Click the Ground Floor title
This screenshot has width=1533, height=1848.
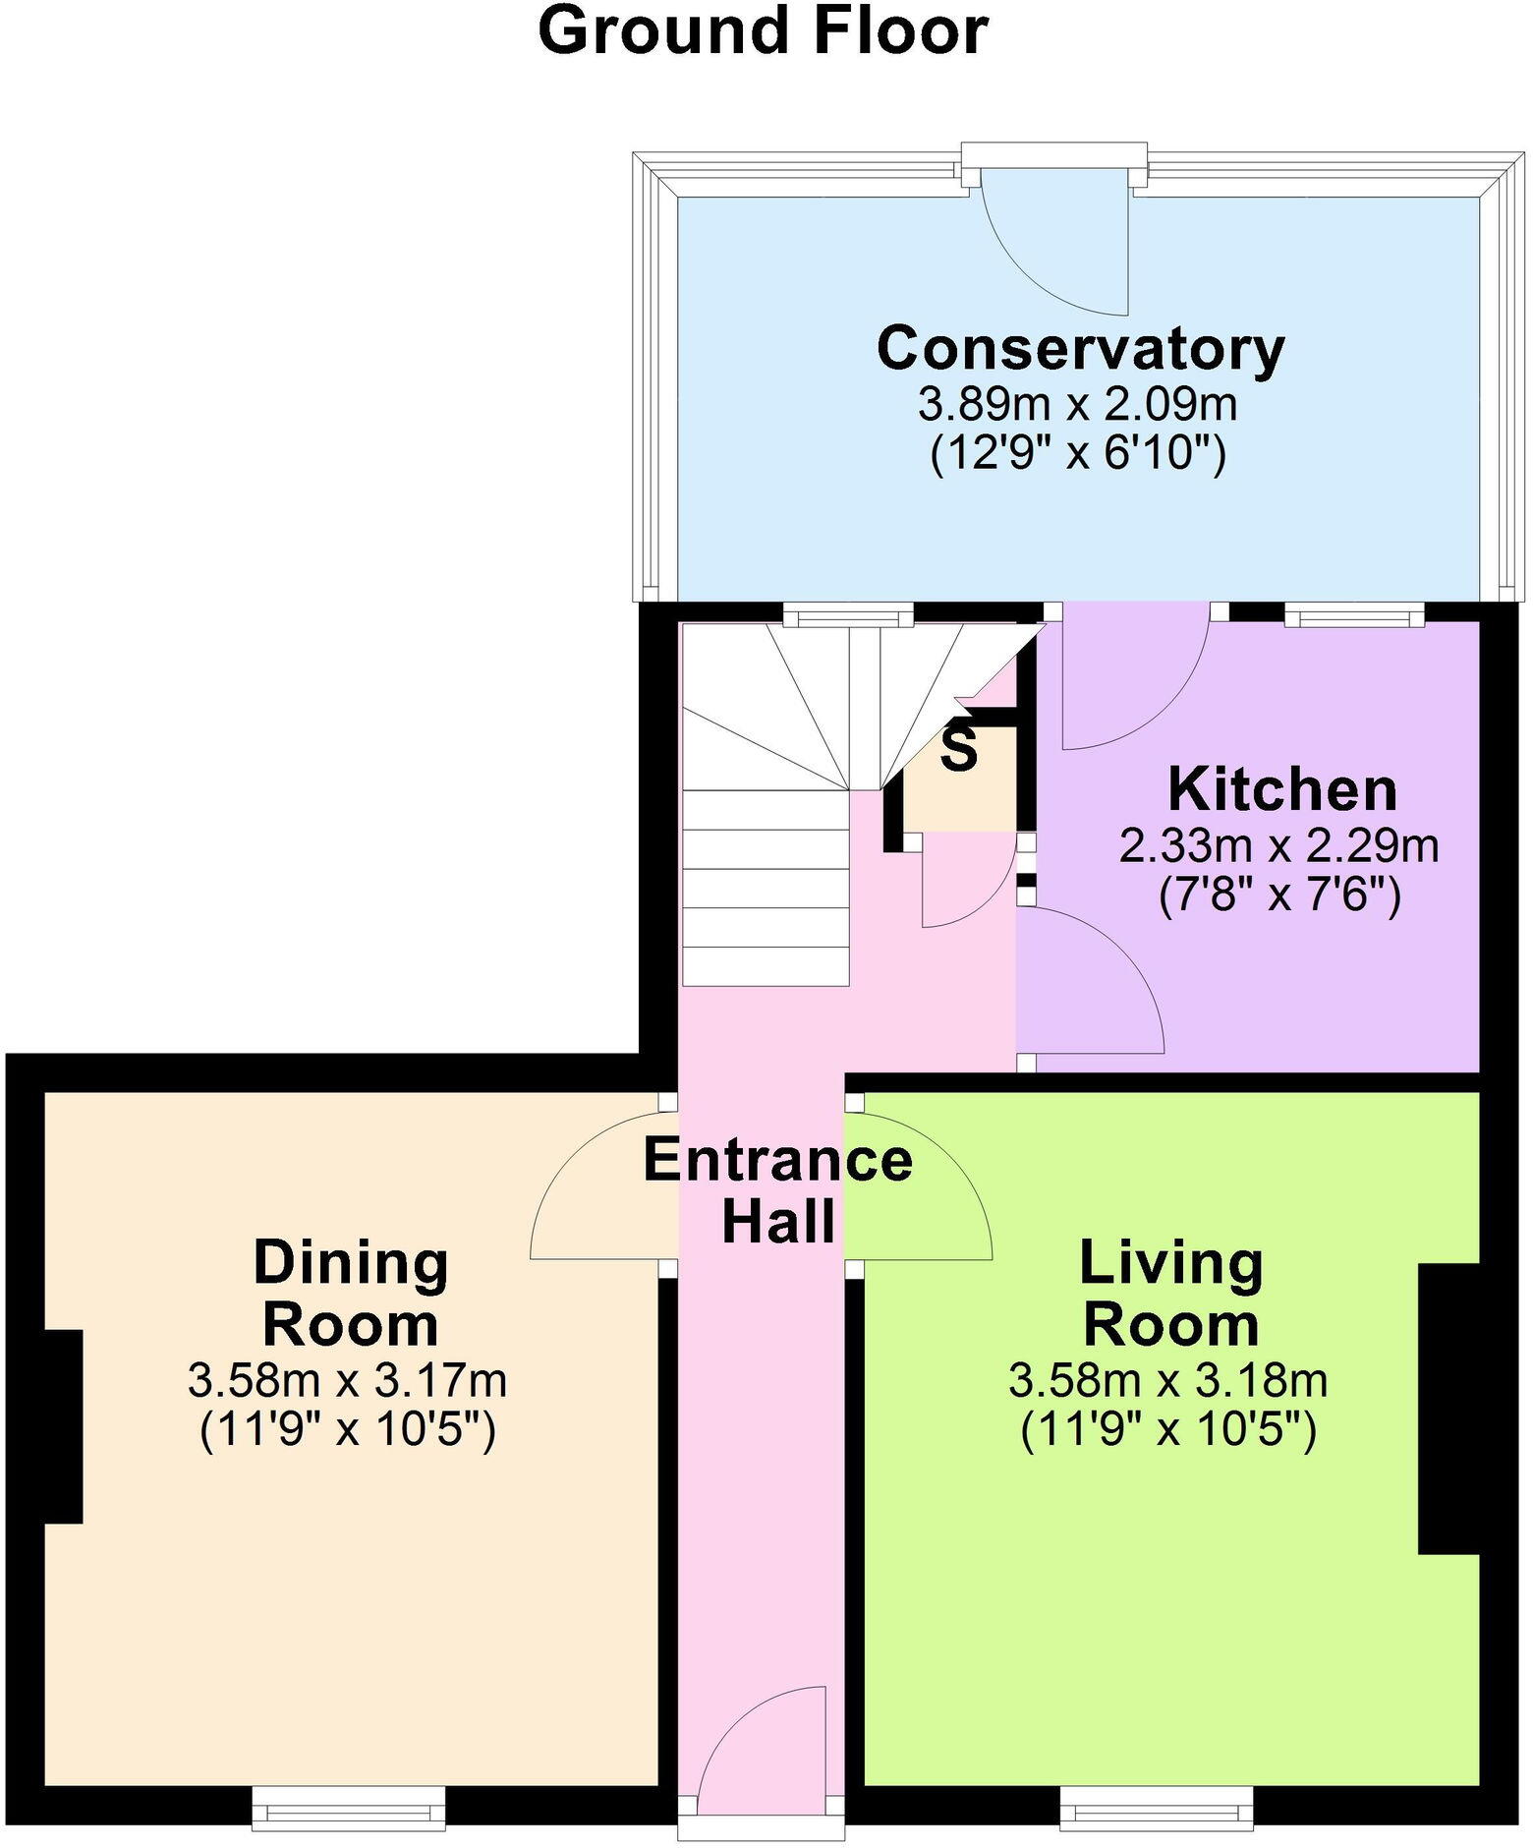click(763, 31)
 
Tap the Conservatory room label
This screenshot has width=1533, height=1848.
click(1080, 349)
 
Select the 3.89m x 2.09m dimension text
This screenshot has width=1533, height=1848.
click(1077, 404)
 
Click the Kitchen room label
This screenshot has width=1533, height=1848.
click(1281, 790)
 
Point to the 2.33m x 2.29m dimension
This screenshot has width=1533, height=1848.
click(1278, 846)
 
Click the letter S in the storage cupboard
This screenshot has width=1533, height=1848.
click(959, 749)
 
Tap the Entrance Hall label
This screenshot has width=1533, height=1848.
click(777, 1190)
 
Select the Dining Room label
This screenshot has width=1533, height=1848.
click(351, 1294)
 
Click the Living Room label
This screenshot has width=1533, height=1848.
click(1171, 1294)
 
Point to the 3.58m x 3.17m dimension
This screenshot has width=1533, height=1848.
click(347, 1381)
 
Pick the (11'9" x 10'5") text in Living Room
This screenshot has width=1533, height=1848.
click(1168, 1430)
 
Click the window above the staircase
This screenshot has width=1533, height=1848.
click(848, 617)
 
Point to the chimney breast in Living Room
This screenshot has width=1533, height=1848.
click(1448, 1409)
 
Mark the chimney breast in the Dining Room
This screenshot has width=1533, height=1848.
click(63, 1426)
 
